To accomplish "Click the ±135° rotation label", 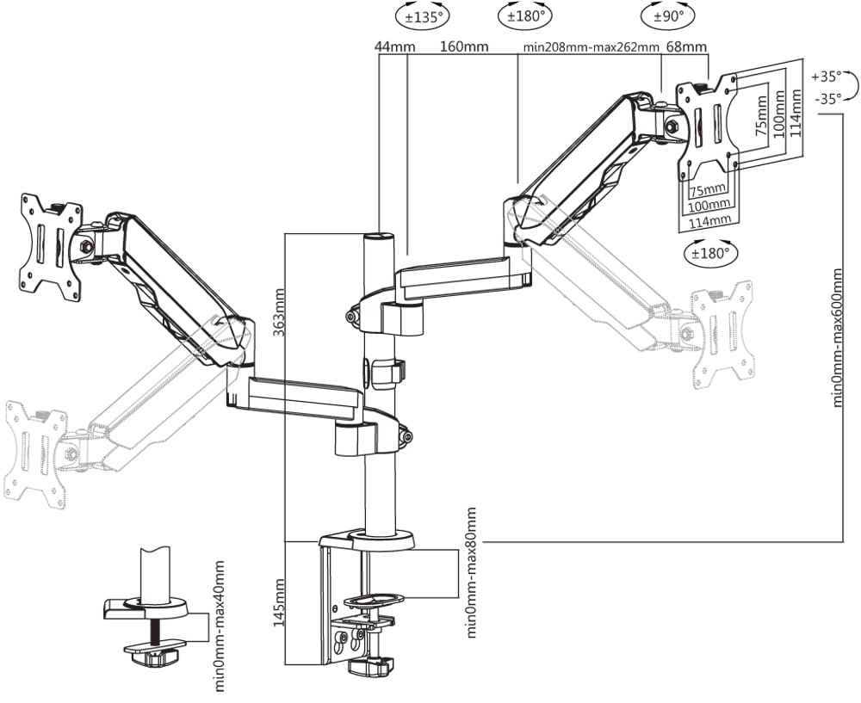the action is click(x=424, y=17).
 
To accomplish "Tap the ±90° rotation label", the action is click(x=666, y=17).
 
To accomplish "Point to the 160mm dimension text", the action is click(x=465, y=46).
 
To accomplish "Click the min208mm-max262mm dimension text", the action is click(x=591, y=46).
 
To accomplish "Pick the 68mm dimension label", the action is click(x=686, y=46).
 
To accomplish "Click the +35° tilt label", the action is click(x=827, y=77).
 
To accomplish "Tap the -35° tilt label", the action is click(x=828, y=99).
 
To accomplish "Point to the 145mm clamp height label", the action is click(x=279, y=604).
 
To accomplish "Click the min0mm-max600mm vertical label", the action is click(x=838, y=337).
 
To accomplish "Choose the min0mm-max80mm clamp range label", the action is click(x=471, y=572).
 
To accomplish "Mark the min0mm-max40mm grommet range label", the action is click(x=219, y=626).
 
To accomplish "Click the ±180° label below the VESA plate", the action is click(x=711, y=253).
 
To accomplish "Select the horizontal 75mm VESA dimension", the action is click(x=708, y=190).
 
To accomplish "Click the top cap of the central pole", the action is click(x=379, y=236).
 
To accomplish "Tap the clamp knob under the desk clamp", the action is click(x=370, y=667).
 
